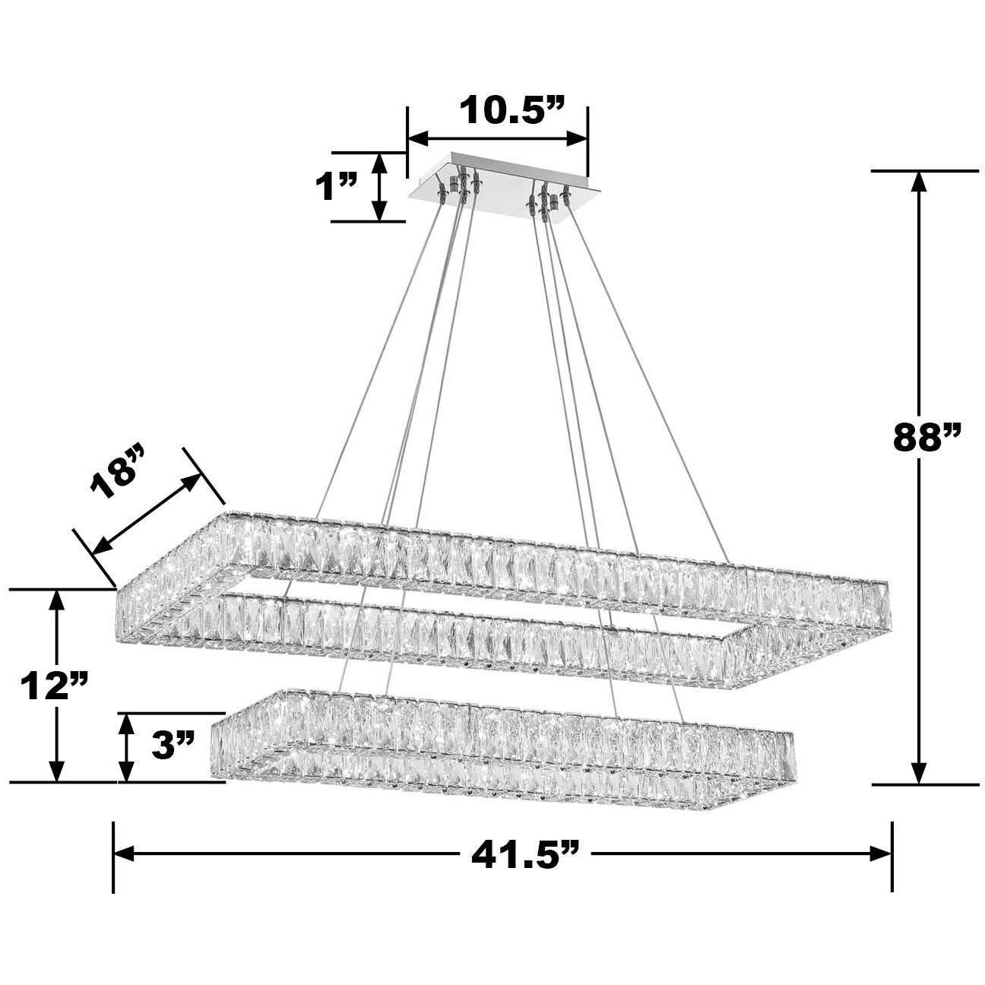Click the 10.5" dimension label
[x=511, y=111]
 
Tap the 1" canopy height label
[x=337, y=187]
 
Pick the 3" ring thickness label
[x=173, y=746]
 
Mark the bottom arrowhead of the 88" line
[x=920, y=774]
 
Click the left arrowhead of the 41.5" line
[x=124, y=853]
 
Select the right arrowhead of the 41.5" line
[x=882, y=853]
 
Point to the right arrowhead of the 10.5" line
[x=579, y=138]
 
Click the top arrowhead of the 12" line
[x=55, y=600]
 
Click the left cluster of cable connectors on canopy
[x=459, y=185]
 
